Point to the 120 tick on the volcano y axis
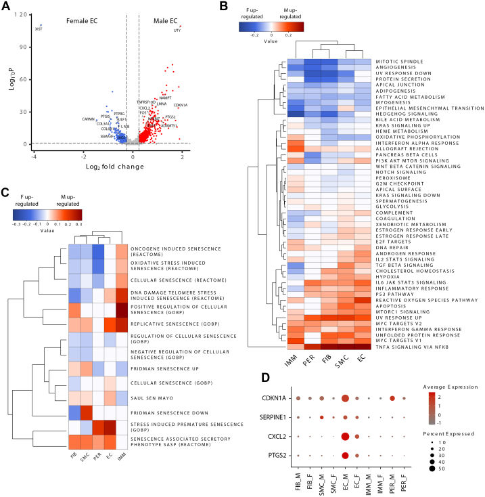coord(22,14)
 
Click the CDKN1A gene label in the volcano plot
coord(181,105)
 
